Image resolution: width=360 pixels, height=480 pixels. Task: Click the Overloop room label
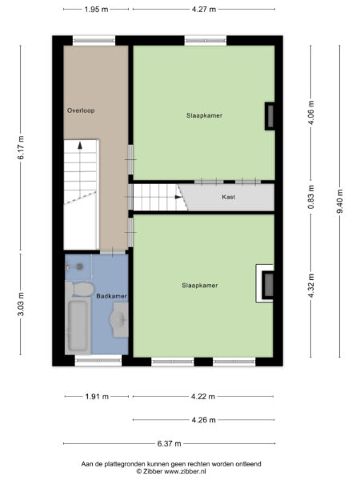(81, 110)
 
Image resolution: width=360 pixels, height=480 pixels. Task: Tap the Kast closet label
(228, 196)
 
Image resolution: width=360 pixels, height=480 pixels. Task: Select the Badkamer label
(111, 295)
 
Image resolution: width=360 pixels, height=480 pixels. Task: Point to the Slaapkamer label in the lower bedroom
(200, 285)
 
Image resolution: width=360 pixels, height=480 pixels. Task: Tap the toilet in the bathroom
(78, 286)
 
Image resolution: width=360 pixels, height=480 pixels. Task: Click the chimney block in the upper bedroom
(270, 117)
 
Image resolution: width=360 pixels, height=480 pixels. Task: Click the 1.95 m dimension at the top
(96, 10)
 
